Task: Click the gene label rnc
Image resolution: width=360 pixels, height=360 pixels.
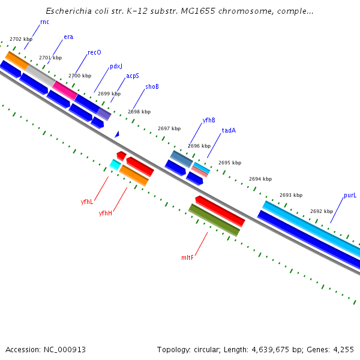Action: click(x=44, y=22)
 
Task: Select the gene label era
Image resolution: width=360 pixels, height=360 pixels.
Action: click(x=68, y=37)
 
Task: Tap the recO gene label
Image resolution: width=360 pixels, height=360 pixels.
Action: click(x=94, y=52)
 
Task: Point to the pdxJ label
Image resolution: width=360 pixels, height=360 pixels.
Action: click(x=116, y=67)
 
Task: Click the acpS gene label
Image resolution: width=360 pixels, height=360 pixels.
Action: click(x=133, y=76)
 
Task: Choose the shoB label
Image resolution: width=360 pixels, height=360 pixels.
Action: click(x=152, y=86)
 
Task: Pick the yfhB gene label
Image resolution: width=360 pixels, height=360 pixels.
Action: click(x=209, y=120)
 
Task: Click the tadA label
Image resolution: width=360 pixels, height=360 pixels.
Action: click(x=229, y=130)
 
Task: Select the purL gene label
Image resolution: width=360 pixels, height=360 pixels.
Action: click(x=350, y=196)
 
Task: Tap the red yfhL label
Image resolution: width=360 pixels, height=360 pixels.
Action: click(x=87, y=202)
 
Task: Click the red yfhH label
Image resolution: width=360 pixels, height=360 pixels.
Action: click(x=106, y=213)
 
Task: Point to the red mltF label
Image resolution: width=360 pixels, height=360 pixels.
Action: click(x=188, y=257)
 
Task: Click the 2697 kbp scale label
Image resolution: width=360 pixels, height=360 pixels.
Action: click(x=169, y=128)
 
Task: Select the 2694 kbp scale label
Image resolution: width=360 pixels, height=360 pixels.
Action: click(x=260, y=179)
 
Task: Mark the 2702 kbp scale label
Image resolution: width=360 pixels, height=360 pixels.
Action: click(x=21, y=39)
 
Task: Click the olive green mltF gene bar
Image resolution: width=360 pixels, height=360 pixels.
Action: click(x=214, y=220)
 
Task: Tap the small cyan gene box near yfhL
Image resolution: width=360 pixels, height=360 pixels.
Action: click(x=115, y=164)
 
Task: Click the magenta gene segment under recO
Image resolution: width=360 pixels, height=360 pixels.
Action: click(x=65, y=90)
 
